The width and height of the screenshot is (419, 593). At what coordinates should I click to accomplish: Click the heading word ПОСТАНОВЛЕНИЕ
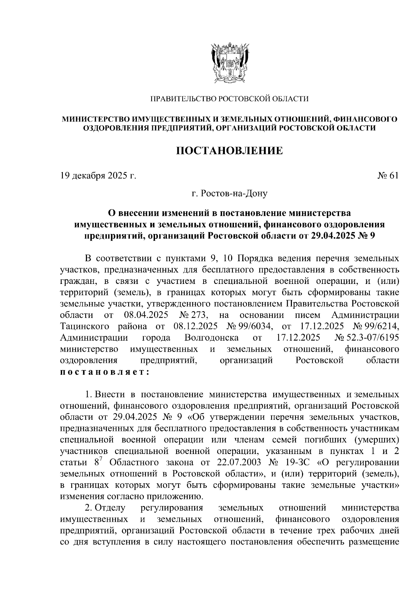click(229, 151)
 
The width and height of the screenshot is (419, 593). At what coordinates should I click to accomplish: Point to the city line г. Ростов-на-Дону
click(229, 193)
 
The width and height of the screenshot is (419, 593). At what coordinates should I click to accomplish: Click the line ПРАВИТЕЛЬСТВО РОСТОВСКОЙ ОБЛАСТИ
click(229, 99)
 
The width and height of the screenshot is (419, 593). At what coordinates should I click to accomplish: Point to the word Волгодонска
click(212, 338)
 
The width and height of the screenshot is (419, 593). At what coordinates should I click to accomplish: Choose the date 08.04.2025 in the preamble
click(146, 315)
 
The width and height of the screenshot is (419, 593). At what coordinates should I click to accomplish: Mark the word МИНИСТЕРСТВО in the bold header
click(97, 119)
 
